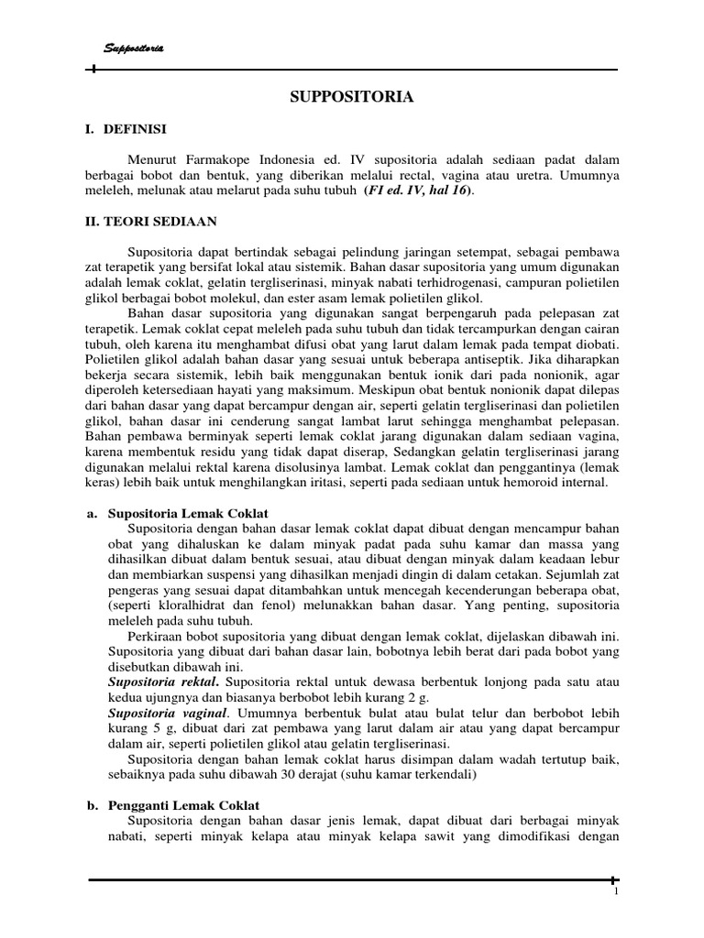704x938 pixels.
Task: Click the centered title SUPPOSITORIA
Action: (352, 96)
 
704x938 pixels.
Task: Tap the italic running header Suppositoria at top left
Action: (130, 48)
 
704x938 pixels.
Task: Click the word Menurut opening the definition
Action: (153, 158)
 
